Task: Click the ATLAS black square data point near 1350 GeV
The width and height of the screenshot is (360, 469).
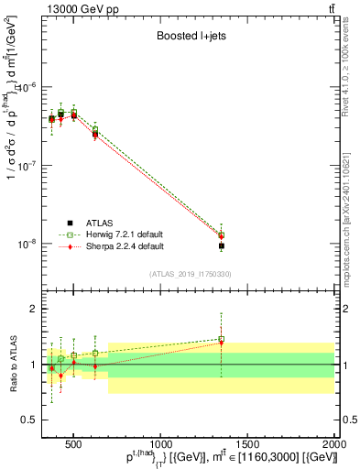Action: [221, 246]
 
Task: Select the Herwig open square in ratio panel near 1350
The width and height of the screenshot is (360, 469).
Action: [221, 340]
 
